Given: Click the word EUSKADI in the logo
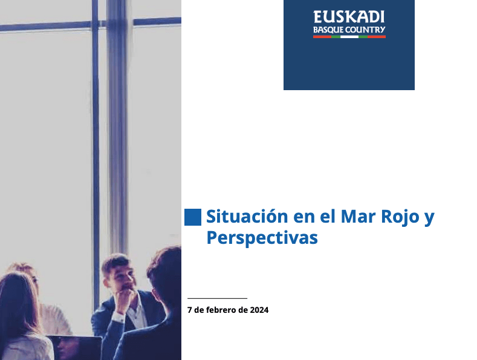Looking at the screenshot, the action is (349, 17).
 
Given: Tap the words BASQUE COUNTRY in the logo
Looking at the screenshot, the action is (349, 30).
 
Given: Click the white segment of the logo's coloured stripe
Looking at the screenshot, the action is (349, 37).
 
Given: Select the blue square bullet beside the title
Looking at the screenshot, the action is (193, 217).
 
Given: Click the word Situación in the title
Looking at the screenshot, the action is (247, 217).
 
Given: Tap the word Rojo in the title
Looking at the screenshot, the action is (400, 217).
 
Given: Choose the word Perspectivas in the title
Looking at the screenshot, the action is (262, 238).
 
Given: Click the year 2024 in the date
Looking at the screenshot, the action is (259, 310).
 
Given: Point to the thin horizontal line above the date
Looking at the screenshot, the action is (217, 298).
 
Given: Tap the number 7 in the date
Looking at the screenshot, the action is (189, 310).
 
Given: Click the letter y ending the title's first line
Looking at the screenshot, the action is (429, 218).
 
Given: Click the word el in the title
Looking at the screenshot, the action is (328, 217).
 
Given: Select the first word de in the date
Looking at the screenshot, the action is (199, 310).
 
